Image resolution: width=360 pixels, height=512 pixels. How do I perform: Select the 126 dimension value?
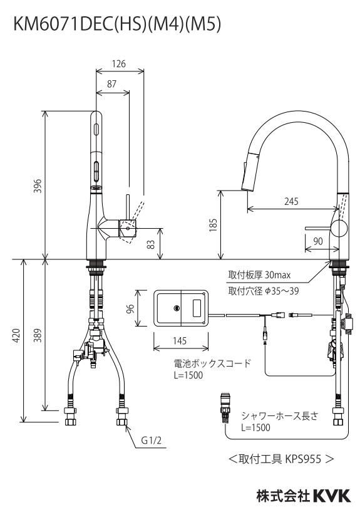[119, 64]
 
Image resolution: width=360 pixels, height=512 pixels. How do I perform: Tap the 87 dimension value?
[112, 84]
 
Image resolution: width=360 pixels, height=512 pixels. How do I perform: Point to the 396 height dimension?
[38, 185]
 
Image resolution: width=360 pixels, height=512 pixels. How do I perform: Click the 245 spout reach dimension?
[291, 201]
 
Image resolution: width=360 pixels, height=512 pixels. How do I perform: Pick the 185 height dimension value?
[213, 226]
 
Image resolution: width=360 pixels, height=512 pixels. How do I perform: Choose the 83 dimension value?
[151, 244]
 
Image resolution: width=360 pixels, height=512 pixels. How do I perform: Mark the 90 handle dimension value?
[318, 241]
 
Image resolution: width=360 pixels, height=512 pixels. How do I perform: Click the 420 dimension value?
[16, 336]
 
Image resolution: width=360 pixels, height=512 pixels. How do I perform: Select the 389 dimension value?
[38, 336]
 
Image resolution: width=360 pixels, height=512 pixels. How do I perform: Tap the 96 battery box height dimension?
[130, 308]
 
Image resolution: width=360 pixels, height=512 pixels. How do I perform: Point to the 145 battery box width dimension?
[180, 341]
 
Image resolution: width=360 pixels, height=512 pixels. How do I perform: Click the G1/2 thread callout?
[152, 441]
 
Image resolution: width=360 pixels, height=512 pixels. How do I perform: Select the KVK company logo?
[332, 496]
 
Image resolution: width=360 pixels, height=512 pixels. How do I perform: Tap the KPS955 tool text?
[303, 459]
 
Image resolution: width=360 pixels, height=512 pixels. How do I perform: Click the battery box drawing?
[181, 308]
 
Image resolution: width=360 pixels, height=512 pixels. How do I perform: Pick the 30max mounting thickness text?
[277, 275]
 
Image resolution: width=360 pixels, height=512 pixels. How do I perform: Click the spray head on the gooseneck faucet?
[250, 173]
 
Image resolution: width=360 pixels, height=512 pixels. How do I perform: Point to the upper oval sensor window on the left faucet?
[96, 128]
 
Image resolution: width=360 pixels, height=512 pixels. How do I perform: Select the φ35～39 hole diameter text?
[282, 291]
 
